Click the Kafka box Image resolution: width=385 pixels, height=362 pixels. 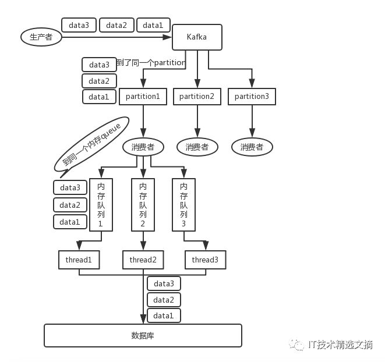pos(197,37)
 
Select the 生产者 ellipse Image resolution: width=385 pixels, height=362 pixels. pos(41,37)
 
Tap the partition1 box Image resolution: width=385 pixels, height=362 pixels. pos(143,97)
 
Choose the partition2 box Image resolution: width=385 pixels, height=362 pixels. pos(197,97)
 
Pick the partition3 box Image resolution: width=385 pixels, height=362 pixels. pos(252,97)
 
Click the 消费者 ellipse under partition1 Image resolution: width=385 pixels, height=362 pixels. pos(143,147)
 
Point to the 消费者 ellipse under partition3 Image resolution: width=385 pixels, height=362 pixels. pos(252,147)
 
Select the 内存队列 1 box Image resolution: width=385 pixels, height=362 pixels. pos(101,205)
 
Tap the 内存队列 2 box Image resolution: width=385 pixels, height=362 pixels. pos(143,205)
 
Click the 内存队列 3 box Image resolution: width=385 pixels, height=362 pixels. pos(183,205)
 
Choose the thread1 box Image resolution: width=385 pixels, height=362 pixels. pos(79,260)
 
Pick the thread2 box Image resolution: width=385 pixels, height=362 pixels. pos(143,260)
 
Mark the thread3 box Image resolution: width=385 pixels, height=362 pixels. pos(205,260)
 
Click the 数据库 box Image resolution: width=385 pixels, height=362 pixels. pos(143,335)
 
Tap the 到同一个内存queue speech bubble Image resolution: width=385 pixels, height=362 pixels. pos(91,145)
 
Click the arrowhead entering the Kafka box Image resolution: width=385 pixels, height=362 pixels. pos(167,37)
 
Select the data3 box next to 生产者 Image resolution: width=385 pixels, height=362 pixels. pos(79,25)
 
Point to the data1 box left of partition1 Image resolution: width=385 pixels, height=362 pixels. pos(99,97)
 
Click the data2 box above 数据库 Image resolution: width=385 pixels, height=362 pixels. pos(164,300)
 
